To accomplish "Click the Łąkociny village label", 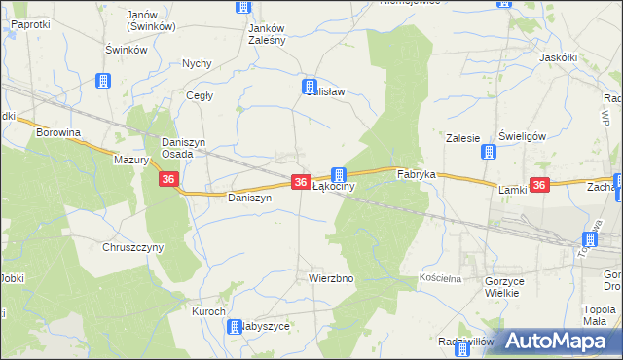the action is coord(339,186).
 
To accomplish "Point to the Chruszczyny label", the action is coord(133,247).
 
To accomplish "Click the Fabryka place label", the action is coord(416,175).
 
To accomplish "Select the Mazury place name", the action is coord(128,160).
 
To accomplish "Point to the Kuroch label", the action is coord(208,311).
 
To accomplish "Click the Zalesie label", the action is coord(463,138).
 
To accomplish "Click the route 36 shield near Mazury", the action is coord(168,179).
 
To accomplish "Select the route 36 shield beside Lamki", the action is coord(540,184).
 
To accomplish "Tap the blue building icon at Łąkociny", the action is coord(338,173).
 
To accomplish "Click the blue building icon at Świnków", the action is coord(103,82).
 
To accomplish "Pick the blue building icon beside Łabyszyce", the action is coord(235,327).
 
